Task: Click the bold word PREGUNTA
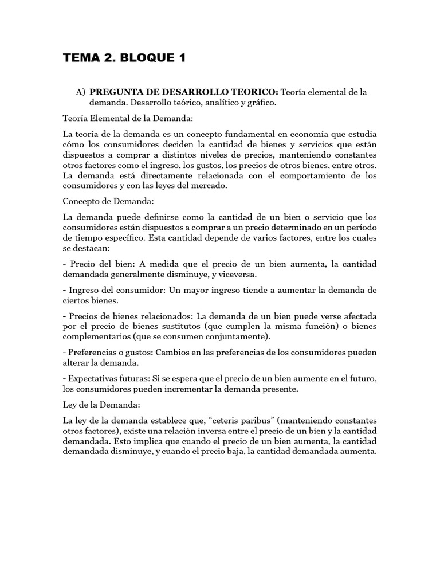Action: click(113, 92)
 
